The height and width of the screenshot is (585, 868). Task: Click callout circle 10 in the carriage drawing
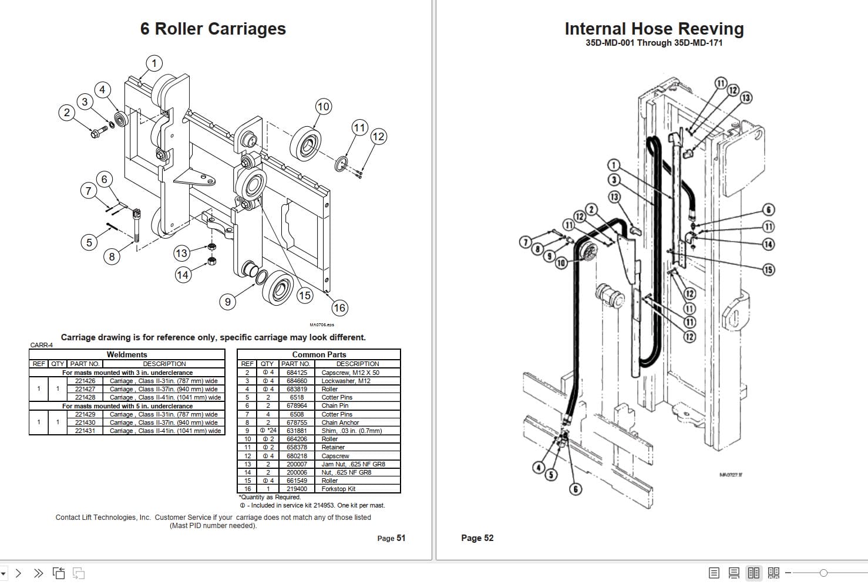click(x=323, y=107)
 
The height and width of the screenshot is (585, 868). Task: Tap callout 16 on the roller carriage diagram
click(x=339, y=307)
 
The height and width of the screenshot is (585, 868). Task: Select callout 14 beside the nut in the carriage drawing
click(x=183, y=275)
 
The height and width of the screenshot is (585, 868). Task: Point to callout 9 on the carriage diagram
click(x=228, y=302)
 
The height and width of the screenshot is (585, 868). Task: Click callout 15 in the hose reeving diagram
click(x=768, y=270)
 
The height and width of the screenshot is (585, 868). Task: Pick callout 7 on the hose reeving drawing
click(x=526, y=242)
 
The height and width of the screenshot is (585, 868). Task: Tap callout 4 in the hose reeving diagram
click(x=539, y=467)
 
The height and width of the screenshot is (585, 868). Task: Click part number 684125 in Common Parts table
click(x=297, y=373)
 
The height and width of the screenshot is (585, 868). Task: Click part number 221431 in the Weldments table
click(x=85, y=431)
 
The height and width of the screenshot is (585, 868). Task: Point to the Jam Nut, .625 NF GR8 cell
click(x=353, y=464)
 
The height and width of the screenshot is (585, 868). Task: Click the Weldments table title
click(x=127, y=354)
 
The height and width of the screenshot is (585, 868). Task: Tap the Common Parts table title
click(x=319, y=354)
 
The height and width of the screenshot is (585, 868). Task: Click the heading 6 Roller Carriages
click(x=213, y=29)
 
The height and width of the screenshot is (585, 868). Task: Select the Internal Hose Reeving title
click(x=654, y=29)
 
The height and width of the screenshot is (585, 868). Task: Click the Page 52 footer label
click(x=477, y=538)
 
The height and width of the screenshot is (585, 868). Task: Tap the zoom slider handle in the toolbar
click(x=823, y=573)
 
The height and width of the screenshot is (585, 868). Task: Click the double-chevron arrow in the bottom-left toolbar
click(x=38, y=573)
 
